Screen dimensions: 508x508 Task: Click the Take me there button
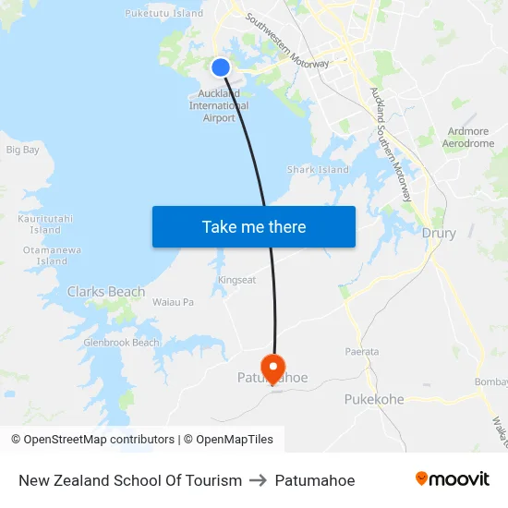253,226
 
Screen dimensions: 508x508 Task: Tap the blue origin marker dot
221,67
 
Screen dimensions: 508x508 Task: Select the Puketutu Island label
163,13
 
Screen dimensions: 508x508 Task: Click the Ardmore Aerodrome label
467,138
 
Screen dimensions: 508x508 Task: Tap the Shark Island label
318,170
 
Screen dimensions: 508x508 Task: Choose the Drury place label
439,234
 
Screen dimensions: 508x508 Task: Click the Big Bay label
23,150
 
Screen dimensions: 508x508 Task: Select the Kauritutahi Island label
45,224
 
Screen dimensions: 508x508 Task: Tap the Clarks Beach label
106,292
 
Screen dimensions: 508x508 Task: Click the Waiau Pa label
173,302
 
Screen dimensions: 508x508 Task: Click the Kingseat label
236,279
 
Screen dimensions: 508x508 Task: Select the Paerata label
361,352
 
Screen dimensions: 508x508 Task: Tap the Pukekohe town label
374,399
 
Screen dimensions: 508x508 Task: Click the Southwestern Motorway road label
287,42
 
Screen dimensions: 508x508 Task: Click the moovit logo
452,478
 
